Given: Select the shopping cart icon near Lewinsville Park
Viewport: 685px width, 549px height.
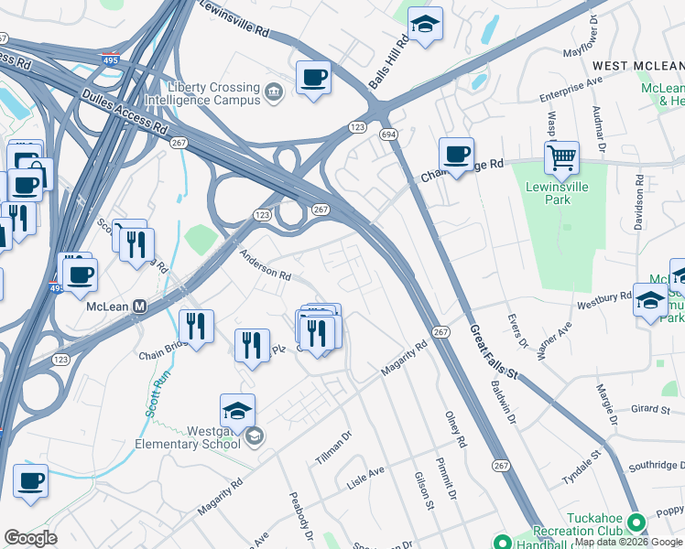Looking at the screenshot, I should click(561, 157).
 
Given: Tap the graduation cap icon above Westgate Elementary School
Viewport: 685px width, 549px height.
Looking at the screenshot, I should click(237, 411).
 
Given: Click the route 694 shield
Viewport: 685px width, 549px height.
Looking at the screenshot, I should click(388, 135).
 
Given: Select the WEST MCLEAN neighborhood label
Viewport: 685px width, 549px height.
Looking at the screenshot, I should click(637, 66).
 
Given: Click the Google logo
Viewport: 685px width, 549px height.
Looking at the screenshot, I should click(30, 538).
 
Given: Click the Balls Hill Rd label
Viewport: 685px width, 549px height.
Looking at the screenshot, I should click(388, 63).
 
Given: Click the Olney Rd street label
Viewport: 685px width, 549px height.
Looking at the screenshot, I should click(455, 428).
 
